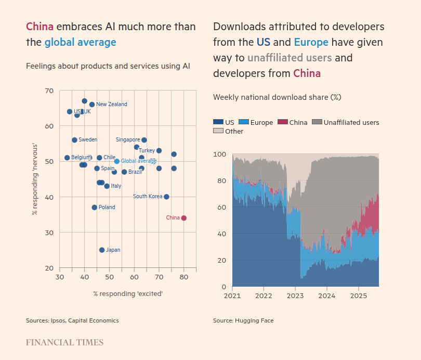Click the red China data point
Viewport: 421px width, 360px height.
pyautogui.click(x=184, y=218)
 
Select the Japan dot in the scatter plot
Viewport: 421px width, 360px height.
pyautogui.click(x=102, y=250)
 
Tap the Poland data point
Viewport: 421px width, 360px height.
pyautogui.click(x=95, y=208)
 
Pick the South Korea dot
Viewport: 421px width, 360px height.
pyautogui.click(x=166, y=197)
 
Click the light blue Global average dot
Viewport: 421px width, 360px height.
pyautogui.click(x=117, y=161)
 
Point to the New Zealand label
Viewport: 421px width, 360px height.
pyautogui.click(x=111, y=105)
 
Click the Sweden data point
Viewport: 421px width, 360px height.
pyautogui.click(x=74, y=140)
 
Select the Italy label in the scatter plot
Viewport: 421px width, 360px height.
pyautogui.click(x=116, y=186)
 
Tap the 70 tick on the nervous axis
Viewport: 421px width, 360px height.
pyautogui.click(x=49, y=91)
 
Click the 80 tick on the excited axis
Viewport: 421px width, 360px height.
pyautogui.click(x=184, y=278)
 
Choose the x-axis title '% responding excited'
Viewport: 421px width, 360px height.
pyautogui.click(x=128, y=293)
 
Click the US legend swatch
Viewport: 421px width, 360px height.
pyautogui.click(x=218, y=123)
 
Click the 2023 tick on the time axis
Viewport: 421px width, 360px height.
pyautogui.click(x=295, y=295)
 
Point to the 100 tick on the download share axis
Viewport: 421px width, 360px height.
pyautogui.click(x=220, y=155)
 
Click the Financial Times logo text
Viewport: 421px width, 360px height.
pyautogui.click(x=64, y=342)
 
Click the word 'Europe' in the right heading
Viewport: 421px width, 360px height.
pyautogui.click(x=311, y=42)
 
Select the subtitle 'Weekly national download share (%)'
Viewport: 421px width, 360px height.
pyautogui.click(x=277, y=97)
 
